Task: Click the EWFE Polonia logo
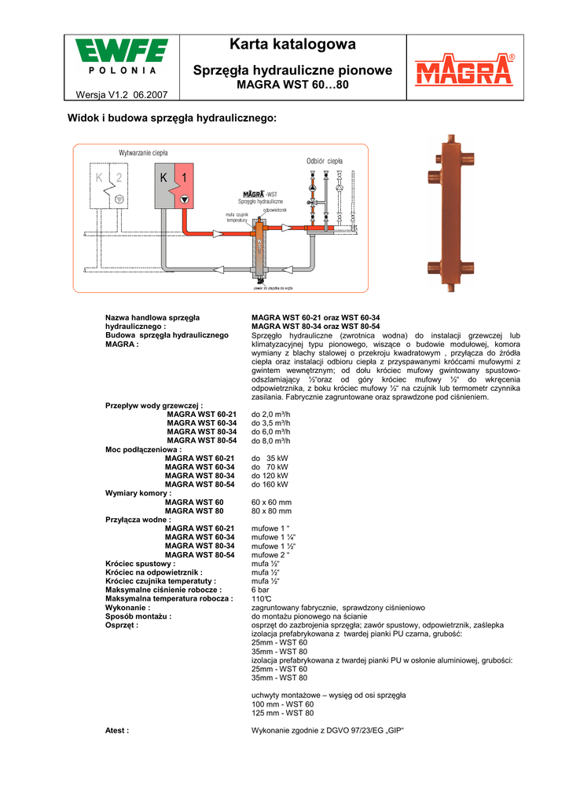122,58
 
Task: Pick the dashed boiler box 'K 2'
109,188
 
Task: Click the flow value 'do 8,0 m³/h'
270,440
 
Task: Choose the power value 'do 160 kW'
270,484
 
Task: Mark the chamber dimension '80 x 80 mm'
271,511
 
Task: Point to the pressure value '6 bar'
260,590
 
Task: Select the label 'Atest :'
117,730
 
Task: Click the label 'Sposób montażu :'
138,616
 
